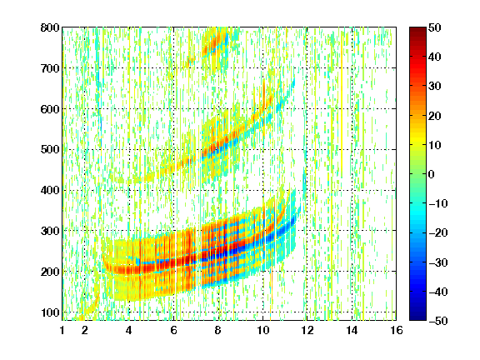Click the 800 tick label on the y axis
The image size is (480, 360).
click(50, 27)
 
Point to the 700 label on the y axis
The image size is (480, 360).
click(50, 68)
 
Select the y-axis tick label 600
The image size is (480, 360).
click(50, 109)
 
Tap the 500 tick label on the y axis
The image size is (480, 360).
click(50, 150)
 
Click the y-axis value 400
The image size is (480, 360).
click(50, 190)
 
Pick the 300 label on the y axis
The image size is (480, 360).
click(50, 231)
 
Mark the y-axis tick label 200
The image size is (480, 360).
click(50, 272)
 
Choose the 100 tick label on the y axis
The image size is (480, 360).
click(50, 312)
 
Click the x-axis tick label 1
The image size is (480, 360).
click(62, 330)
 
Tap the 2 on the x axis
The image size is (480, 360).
click(84, 330)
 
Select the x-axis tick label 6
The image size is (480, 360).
click(173, 330)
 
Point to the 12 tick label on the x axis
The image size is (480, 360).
click(307, 330)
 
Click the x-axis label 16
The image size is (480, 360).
click(397, 330)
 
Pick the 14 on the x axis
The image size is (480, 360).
click(352, 330)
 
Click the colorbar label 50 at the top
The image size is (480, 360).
click(434, 27)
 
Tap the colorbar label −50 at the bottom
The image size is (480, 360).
click(438, 321)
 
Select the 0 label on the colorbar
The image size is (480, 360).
click(432, 174)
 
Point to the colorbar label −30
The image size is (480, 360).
click(438, 262)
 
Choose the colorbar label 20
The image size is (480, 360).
click(434, 116)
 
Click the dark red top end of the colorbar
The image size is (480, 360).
click(417, 29)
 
